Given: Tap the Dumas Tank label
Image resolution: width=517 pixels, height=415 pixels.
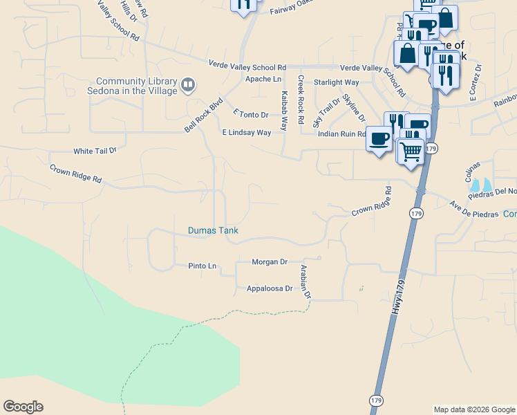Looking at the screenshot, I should pyautogui.click(x=213, y=230).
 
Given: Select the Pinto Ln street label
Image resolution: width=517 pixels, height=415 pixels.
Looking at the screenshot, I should pyautogui.click(x=202, y=266).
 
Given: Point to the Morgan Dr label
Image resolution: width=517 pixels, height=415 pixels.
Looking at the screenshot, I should pyautogui.click(x=270, y=262).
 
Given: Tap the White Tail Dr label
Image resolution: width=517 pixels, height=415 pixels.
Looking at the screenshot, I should pyautogui.click(x=95, y=150).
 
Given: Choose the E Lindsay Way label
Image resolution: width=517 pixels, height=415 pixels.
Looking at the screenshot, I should pyautogui.click(x=246, y=132).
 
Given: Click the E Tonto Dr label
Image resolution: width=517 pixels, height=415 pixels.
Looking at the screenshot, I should pyautogui.click(x=250, y=113).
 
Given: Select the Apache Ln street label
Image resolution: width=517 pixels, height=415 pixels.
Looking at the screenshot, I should pyautogui.click(x=262, y=80).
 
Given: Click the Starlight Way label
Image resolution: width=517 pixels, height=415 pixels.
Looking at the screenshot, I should pyautogui.click(x=336, y=82).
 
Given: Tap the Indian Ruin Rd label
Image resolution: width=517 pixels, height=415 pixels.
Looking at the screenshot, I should pyautogui.click(x=341, y=134).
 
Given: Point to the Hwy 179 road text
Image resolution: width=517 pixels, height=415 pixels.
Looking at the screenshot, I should pyautogui.click(x=393, y=297).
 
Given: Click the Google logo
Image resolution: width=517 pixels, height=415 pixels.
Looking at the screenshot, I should pyautogui.click(x=23, y=407).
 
